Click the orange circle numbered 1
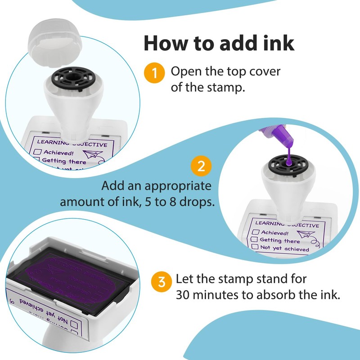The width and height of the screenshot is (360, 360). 154,73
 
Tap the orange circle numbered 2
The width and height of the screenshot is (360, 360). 201,166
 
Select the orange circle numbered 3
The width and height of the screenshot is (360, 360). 161,282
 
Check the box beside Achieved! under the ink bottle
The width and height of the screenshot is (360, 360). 256,233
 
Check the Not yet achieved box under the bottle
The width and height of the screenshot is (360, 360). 255,247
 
